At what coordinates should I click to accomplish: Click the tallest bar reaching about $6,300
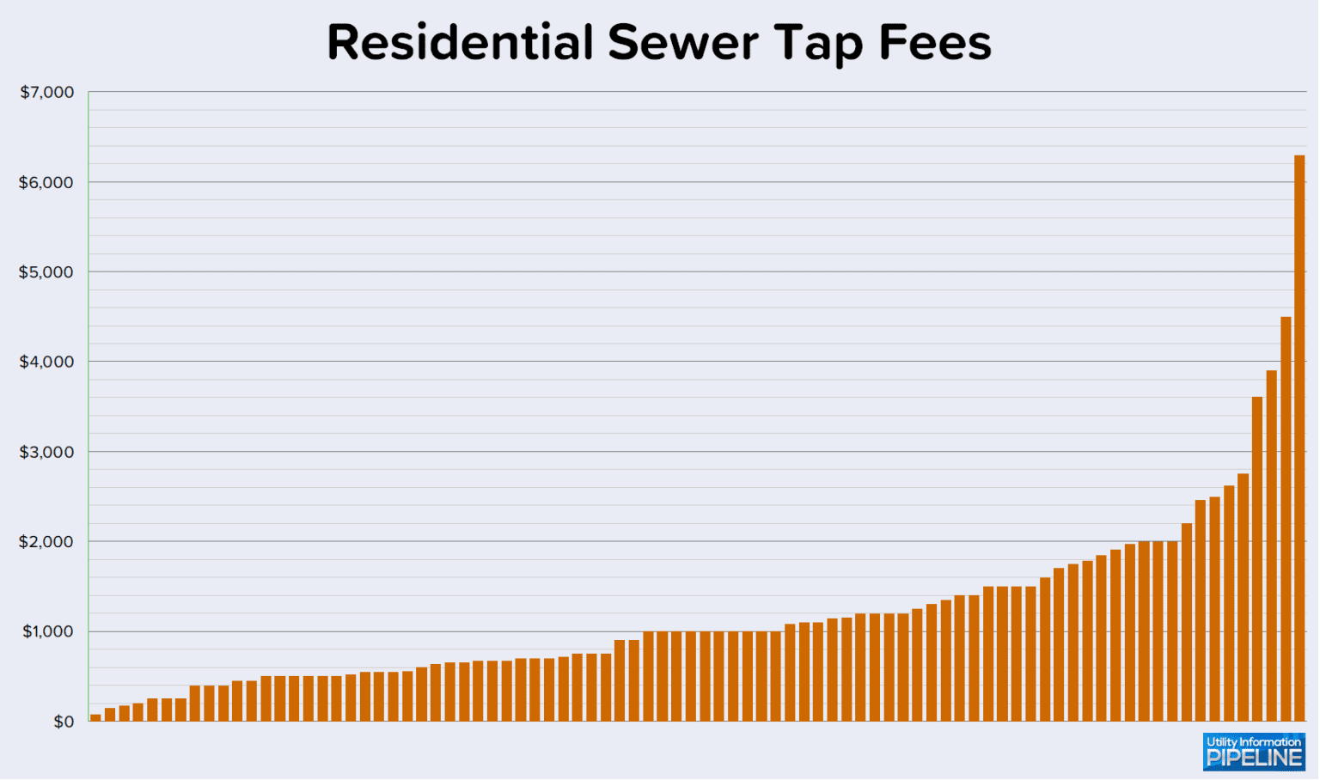pyautogui.click(x=1299, y=438)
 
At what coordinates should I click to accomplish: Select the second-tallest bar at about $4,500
pyautogui.click(x=1285, y=519)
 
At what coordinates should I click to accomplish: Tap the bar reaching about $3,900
pyautogui.click(x=1271, y=545)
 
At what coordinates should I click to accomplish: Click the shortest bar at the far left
pyautogui.click(x=95, y=717)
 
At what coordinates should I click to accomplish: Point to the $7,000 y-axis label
pyautogui.click(x=47, y=92)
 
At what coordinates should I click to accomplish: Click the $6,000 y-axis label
pyautogui.click(x=47, y=182)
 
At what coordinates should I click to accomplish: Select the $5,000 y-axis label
pyautogui.click(x=47, y=272)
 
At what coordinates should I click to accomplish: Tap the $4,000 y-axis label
pyautogui.click(x=47, y=362)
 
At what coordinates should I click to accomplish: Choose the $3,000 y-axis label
pyautogui.click(x=47, y=452)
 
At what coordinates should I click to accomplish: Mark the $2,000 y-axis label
pyautogui.click(x=47, y=542)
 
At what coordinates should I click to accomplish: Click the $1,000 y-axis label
pyautogui.click(x=47, y=631)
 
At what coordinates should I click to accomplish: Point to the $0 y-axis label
pyautogui.click(x=64, y=722)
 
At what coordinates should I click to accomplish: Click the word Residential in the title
pyautogui.click(x=460, y=42)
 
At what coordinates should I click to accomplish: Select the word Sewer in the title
pyautogui.click(x=682, y=42)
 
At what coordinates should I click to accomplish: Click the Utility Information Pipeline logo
pyautogui.click(x=1254, y=751)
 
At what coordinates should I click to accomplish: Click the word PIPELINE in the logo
pyautogui.click(x=1254, y=759)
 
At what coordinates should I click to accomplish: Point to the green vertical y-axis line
pyautogui.click(x=89, y=404)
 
